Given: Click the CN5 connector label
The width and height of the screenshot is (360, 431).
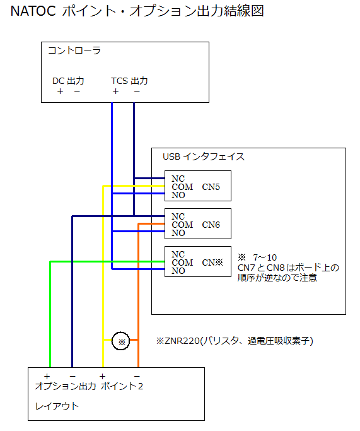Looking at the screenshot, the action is (x=211, y=187).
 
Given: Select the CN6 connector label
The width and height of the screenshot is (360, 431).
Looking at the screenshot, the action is (x=211, y=225).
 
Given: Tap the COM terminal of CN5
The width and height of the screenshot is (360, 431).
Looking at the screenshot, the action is (x=182, y=187).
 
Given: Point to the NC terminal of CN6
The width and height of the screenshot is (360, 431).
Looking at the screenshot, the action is (x=178, y=216).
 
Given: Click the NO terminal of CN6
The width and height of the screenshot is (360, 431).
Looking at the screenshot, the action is (x=178, y=233).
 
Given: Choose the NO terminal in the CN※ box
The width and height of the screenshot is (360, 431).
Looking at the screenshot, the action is (x=178, y=271).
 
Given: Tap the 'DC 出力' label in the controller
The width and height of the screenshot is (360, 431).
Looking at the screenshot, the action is (x=68, y=81).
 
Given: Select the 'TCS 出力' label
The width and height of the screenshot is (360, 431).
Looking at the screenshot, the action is (x=129, y=81).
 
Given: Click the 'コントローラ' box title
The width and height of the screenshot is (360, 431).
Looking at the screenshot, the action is (x=74, y=50).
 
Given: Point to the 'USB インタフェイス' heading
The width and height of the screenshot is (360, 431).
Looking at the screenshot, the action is (x=204, y=156).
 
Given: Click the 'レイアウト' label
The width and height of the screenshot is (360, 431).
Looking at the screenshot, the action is (x=57, y=406).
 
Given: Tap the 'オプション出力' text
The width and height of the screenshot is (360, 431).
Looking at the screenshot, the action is (x=66, y=386).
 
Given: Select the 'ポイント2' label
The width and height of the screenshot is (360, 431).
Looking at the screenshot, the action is (x=122, y=386).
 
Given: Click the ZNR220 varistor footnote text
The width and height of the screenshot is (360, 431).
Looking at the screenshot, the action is (x=235, y=341).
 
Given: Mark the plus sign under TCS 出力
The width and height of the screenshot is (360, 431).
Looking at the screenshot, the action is (x=115, y=92).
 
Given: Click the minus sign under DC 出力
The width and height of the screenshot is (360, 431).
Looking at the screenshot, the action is (x=77, y=92).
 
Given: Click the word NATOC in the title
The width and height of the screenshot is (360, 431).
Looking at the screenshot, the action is (x=33, y=11).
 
